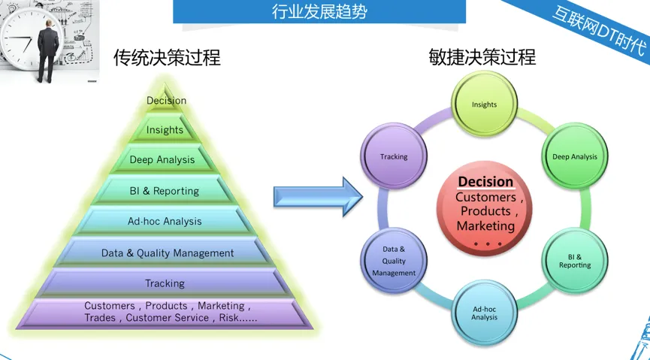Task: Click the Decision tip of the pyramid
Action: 166,99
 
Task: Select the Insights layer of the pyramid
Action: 165,129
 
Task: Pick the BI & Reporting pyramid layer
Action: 165,190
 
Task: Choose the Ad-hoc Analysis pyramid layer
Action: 165,221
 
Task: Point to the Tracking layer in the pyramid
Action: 165,283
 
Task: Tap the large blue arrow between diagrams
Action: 318,197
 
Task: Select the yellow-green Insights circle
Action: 484,104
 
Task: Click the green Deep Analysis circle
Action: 575,156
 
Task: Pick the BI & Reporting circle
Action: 575,262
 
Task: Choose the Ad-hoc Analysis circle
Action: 484,313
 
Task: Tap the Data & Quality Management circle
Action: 394,261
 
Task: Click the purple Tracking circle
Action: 394,156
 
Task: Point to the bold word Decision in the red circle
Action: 485,182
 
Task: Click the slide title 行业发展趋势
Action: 319,11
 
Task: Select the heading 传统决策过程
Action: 167,57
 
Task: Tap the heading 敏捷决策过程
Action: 482,57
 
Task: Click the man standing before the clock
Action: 48,50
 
